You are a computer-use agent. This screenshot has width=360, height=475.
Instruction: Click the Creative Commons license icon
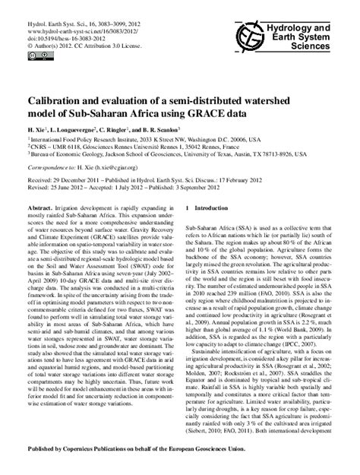[x=34, y=55]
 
